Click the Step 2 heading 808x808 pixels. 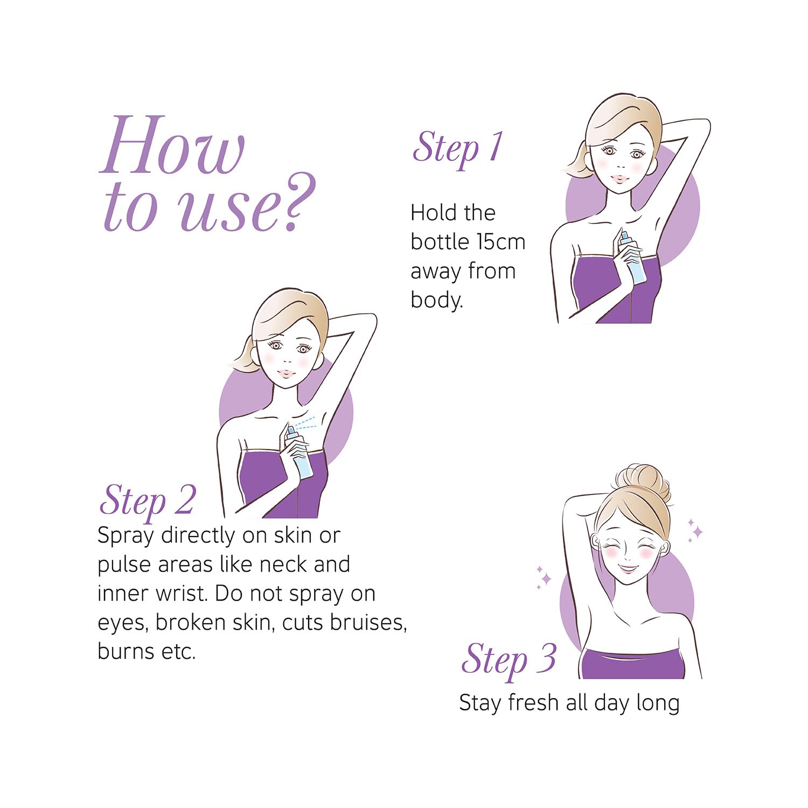coord(147,501)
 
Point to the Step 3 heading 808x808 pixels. coord(509,659)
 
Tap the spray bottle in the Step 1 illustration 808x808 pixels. coord(632,257)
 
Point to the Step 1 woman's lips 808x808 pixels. coord(622,177)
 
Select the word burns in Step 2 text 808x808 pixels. coord(126,651)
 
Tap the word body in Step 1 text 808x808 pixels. coord(436,301)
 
